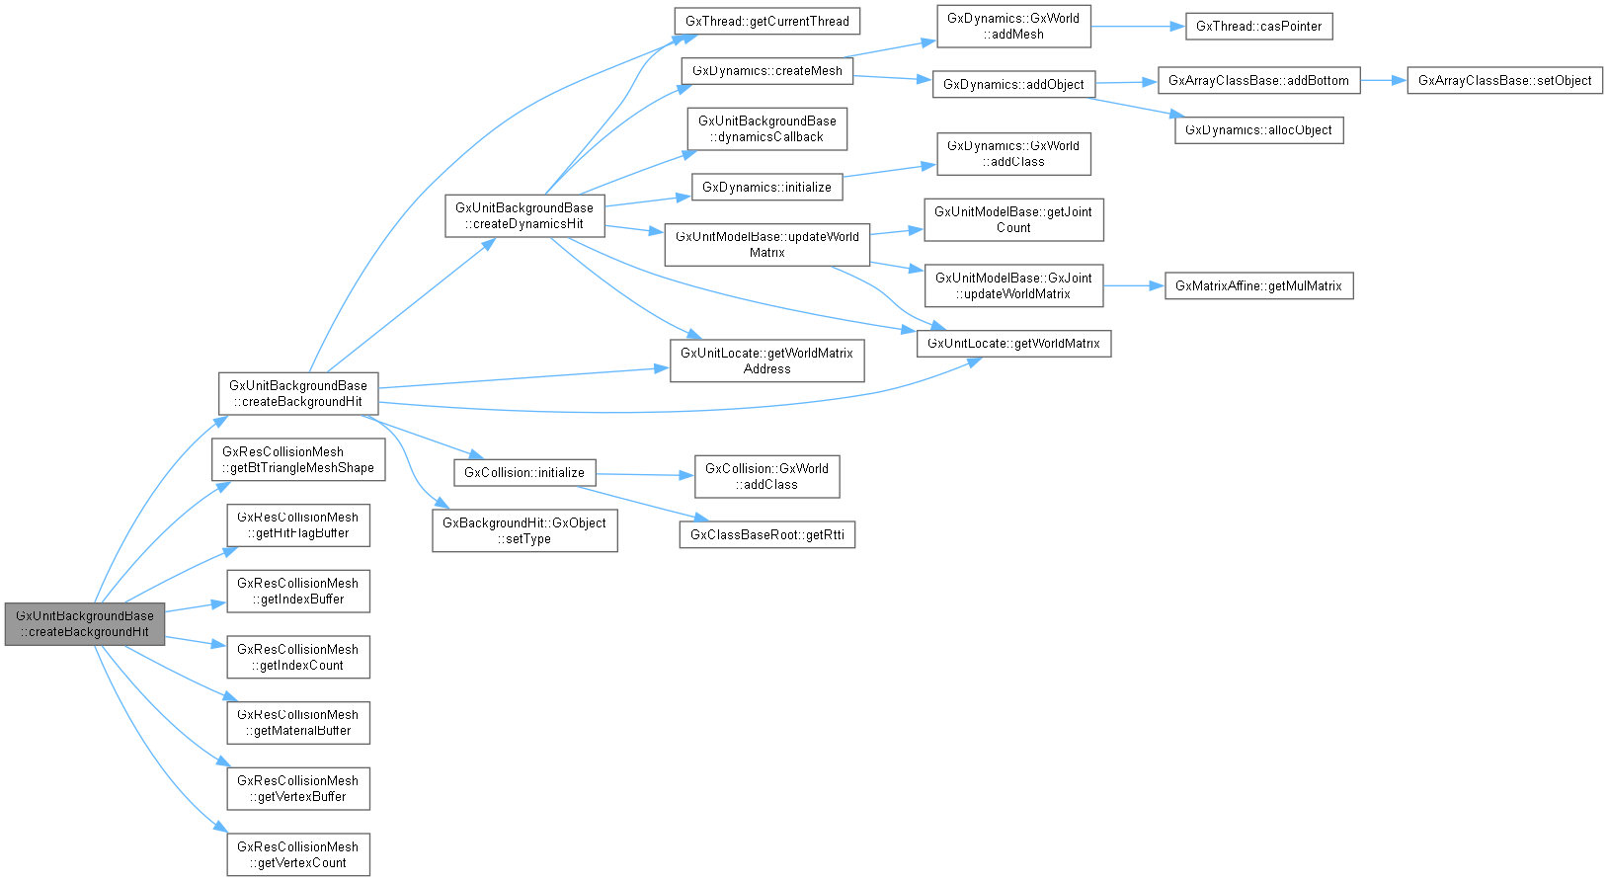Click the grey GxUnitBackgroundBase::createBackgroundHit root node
tap(84, 623)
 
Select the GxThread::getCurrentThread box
tap(766, 21)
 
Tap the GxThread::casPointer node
tap(1258, 27)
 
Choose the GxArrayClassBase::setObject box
tap(1504, 81)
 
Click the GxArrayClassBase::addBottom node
tap(1258, 81)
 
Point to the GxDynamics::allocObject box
tap(1258, 130)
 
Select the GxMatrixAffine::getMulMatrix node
tap(1258, 286)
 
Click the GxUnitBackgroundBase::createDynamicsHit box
tap(523, 216)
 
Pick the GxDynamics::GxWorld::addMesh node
tap(1013, 27)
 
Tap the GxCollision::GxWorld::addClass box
tap(766, 477)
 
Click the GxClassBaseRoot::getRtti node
tap(766, 535)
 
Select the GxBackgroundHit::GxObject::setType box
tap(524, 530)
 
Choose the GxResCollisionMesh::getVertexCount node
tap(298, 854)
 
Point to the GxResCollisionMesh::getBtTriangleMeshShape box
tap(298, 460)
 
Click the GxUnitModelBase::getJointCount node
tap(1013, 219)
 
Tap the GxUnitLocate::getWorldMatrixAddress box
tap(766, 360)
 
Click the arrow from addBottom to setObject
tap(1383, 80)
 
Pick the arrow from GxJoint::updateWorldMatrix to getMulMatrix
tap(1134, 285)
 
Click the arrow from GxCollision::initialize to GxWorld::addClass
tap(646, 475)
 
